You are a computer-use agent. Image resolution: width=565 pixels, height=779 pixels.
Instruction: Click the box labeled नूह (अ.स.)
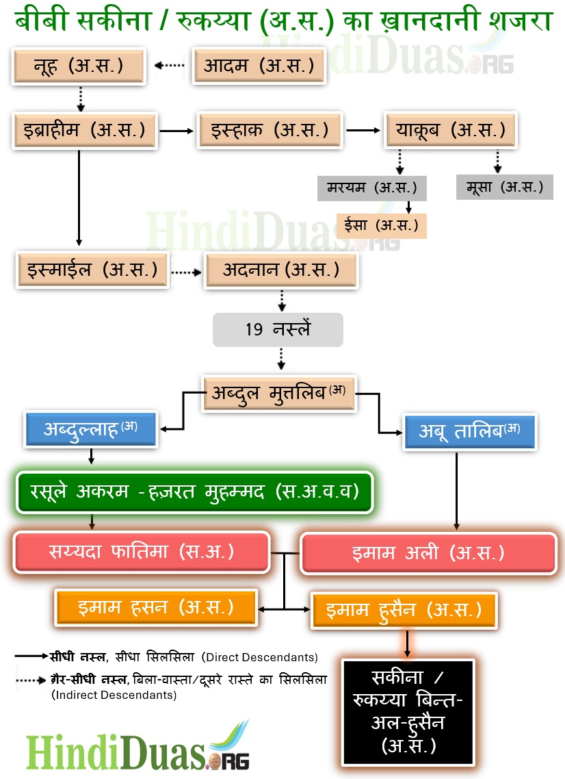click(79, 66)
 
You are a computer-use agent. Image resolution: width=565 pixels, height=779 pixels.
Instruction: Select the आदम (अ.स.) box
click(259, 66)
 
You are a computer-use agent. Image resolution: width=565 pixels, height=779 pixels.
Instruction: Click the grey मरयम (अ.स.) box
click(372, 187)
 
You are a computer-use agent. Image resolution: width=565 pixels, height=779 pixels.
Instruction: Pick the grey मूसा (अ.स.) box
click(504, 187)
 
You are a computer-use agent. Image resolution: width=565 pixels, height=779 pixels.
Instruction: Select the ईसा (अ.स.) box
click(382, 225)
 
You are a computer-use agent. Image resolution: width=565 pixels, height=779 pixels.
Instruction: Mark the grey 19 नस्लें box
click(278, 330)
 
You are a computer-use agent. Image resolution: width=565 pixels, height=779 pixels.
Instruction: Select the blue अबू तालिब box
click(469, 431)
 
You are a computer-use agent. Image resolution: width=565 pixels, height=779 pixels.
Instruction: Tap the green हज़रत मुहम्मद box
click(194, 491)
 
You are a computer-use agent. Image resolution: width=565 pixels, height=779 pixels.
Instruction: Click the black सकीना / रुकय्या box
click(408, 711)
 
